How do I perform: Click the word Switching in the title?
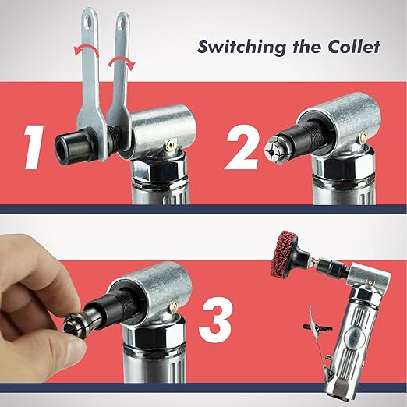[x=242, y=48]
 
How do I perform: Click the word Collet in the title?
[x=354, y=47]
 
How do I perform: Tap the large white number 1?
[x=34, y=147]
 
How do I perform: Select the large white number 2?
[x=242, y=147]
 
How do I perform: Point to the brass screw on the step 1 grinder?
[x=169, y=144]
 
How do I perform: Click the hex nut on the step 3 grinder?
[x=154, y=334]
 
